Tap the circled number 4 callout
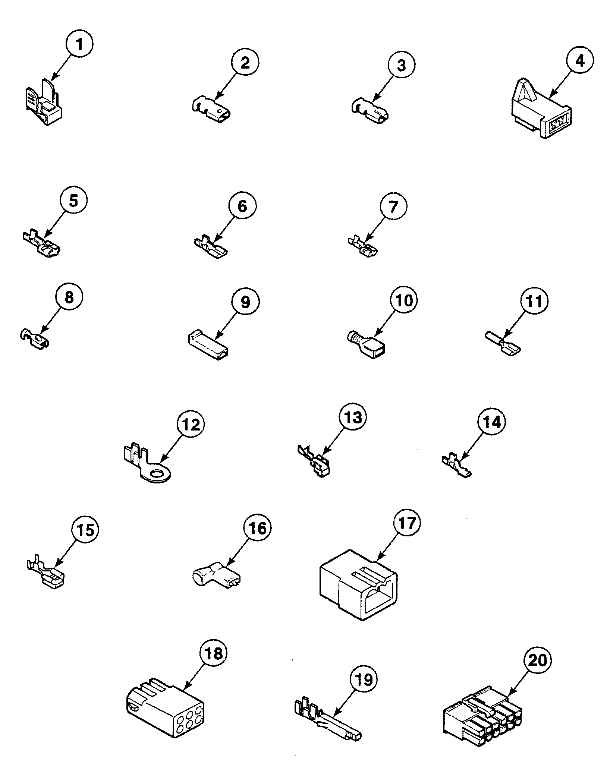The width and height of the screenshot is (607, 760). point(580,60)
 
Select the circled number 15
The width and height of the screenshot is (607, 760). point(85,530)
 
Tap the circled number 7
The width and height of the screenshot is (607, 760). point(393,206)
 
